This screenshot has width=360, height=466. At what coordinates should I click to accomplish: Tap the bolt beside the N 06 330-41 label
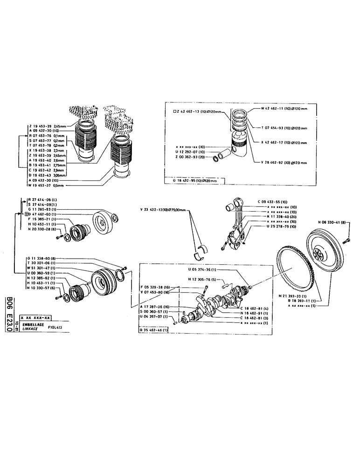coord(346,241)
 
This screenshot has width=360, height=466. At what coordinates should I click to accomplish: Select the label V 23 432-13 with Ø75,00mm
coord(166,210)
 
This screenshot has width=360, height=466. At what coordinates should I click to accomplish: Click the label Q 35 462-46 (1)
coord(154,329)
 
